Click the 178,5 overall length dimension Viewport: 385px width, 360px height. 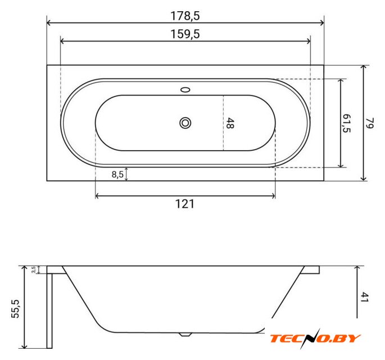185,16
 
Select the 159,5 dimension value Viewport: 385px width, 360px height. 185,34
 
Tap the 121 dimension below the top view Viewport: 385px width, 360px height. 185,204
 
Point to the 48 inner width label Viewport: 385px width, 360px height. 230,123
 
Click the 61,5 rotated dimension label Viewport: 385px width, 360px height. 347,123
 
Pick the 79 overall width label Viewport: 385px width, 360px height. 369,123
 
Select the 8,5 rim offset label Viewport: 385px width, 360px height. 117,174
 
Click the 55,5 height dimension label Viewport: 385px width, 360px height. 16,309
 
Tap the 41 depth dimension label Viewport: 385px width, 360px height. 365,298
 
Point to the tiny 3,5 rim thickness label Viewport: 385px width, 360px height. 34,270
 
